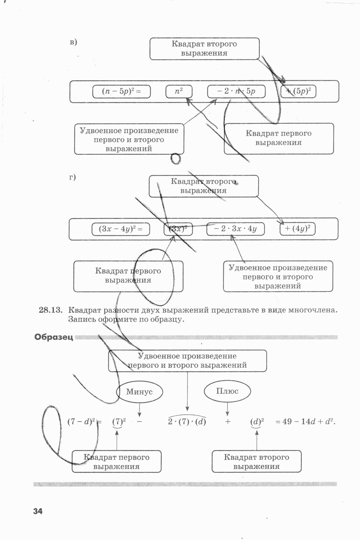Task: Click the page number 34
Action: (x=38, y=511)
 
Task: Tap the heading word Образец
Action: (x=54, y=337)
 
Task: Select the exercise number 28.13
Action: (x=51, y=310)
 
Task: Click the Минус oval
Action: (x=139, y=392)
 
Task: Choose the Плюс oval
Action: (x=227, y=391)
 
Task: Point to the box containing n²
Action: (x=179, y=91)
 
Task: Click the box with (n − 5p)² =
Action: (x=121, y=91)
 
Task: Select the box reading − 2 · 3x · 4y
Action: (x=235, y=229)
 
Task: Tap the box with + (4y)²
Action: (x=298, y=229)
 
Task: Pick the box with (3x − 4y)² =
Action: (x=121, y=229)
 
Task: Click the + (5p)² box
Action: (x=298, y=91)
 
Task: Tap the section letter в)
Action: (x=73, y=42)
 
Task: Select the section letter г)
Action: (x=72, y=177)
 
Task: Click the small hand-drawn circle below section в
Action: (x=176, y=158)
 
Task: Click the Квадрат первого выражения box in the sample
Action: (x=117, y=462)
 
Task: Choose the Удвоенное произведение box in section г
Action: (x=278, y=277)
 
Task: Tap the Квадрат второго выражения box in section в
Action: (x=204, y=49)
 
